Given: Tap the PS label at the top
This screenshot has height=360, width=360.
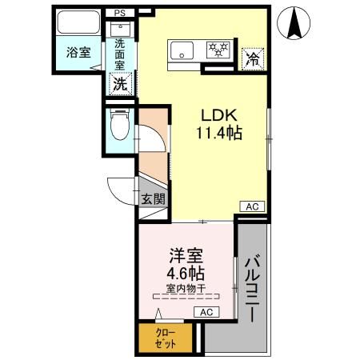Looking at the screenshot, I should [119, 13].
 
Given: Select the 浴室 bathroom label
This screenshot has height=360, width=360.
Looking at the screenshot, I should [78, 50].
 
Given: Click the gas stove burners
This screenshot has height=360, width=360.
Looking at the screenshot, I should [218, 50].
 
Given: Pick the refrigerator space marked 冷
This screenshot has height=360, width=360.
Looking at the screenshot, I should [252, 57].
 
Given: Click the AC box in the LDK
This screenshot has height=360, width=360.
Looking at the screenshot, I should [251, 206].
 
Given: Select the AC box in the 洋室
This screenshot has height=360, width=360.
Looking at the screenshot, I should [206, 312].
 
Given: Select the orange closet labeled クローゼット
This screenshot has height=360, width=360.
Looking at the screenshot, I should [166, 337].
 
